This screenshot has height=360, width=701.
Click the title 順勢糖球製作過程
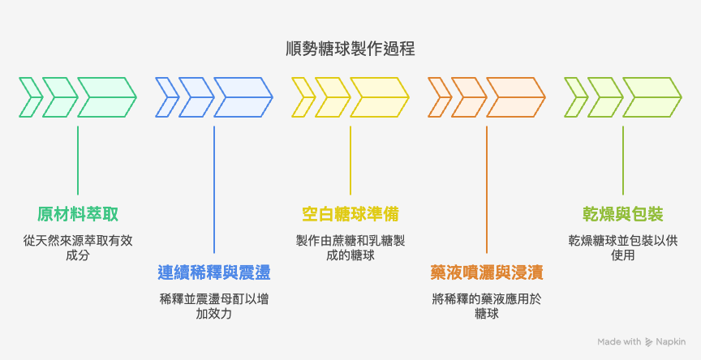[x=350, y=48]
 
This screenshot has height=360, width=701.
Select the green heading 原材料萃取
[x=78, y=214]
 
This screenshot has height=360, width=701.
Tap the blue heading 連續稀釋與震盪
[x=214, y=272]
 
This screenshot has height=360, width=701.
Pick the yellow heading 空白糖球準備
[x=350, y=214]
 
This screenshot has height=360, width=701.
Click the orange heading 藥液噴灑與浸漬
[x=487, y=272]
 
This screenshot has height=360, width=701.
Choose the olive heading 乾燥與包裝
[x=623, y=214]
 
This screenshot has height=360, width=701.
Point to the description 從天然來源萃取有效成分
[x=78, y=247]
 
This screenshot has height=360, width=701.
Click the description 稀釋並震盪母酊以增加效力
[x=214, y=305]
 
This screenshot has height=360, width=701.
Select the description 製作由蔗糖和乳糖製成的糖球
[x=350, y=247]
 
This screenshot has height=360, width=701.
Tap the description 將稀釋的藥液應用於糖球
[x=487, y=305]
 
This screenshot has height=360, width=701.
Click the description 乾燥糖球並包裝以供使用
[x=623, y=247]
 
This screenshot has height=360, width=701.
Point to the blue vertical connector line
[x=214, y=186]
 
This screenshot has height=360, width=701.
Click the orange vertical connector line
[x=487, y=186]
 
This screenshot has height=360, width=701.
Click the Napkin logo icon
[x=649, y=342]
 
